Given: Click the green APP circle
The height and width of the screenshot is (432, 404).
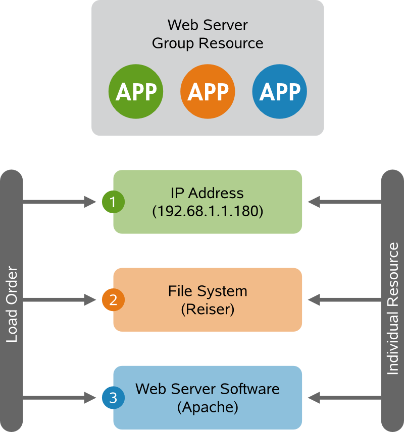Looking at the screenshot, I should click(136, 92).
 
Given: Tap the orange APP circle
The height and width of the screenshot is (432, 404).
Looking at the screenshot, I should click(208, 92).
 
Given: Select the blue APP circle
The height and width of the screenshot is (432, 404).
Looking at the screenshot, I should click(279, 92).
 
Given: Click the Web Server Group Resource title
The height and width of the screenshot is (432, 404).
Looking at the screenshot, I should click(208, 34).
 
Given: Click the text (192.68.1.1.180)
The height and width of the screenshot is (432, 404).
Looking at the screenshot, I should click(208, 212).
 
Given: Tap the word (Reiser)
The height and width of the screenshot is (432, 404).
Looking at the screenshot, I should click(208, 309).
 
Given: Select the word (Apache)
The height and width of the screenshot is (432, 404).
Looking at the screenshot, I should click(208, 407).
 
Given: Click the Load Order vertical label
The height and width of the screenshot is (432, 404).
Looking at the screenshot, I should click(12, 305).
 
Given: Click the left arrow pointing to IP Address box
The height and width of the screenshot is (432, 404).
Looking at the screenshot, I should click(60, 202).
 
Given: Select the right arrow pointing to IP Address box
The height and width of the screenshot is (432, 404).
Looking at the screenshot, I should click(344, 202).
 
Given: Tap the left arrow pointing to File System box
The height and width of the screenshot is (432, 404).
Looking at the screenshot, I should click(60, 300).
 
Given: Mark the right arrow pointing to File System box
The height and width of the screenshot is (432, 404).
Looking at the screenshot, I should click(344, 300).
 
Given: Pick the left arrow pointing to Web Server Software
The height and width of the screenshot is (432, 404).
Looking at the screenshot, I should click(60, 398).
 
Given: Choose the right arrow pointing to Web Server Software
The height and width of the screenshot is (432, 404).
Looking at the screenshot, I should click(344, 398).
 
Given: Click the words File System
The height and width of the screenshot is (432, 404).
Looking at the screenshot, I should click(208, 291).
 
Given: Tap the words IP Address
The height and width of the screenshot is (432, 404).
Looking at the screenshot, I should click(207, 193).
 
